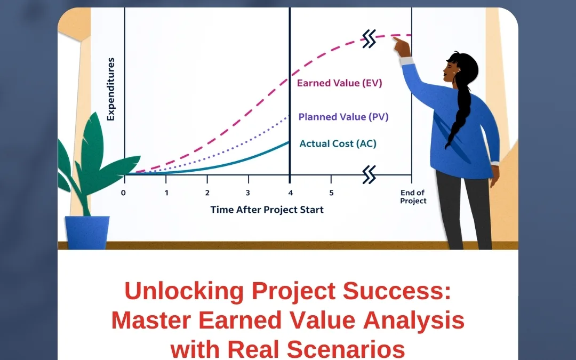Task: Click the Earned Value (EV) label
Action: pos(339,83)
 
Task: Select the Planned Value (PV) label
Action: pos(343,117)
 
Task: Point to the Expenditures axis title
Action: pos(111,90)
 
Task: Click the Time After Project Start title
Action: pos(267,210)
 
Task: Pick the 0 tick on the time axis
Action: pos(124,193)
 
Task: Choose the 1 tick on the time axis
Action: pos(166,193)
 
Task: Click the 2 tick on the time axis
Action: pos(207,193)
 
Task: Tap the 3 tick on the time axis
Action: pos(249,193)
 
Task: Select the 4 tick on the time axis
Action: pos(290,193)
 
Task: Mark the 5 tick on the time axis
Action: pos(331,193)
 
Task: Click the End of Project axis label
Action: pos(413,197)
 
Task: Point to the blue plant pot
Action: pos(87,233)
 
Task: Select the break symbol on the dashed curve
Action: pos(369,38)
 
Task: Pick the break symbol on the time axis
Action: pos(369,174)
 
